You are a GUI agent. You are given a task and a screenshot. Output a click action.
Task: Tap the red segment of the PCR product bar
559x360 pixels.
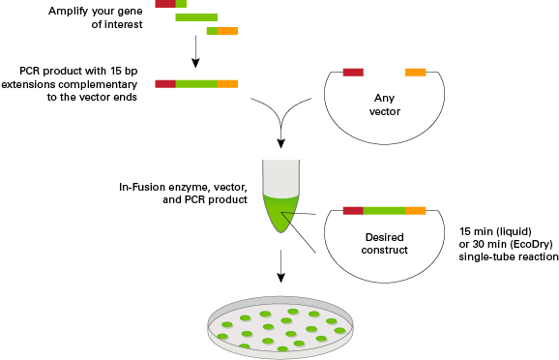[164, 84]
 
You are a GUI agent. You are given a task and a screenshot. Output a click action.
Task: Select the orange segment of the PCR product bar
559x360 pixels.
[228, 84]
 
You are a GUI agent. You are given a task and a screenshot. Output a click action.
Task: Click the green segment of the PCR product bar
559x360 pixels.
[196, 84]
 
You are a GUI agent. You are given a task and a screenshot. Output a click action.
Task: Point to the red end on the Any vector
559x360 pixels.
[353, 72]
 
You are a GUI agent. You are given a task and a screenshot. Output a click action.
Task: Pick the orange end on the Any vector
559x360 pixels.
[415, 72]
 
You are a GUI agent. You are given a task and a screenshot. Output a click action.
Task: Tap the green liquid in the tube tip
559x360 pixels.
[280, 218]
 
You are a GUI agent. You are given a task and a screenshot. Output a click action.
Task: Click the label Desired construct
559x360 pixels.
[386, 242]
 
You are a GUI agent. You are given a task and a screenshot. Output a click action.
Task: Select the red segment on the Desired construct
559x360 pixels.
[353, 210]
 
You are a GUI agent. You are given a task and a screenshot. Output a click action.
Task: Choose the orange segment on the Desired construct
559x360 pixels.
[415, 210]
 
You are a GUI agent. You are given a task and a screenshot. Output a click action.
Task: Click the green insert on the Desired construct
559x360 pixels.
[384, 210]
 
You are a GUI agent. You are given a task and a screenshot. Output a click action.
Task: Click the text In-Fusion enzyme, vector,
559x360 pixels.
[184, 185]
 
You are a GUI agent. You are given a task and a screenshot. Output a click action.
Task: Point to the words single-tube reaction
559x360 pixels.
[510, 257]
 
